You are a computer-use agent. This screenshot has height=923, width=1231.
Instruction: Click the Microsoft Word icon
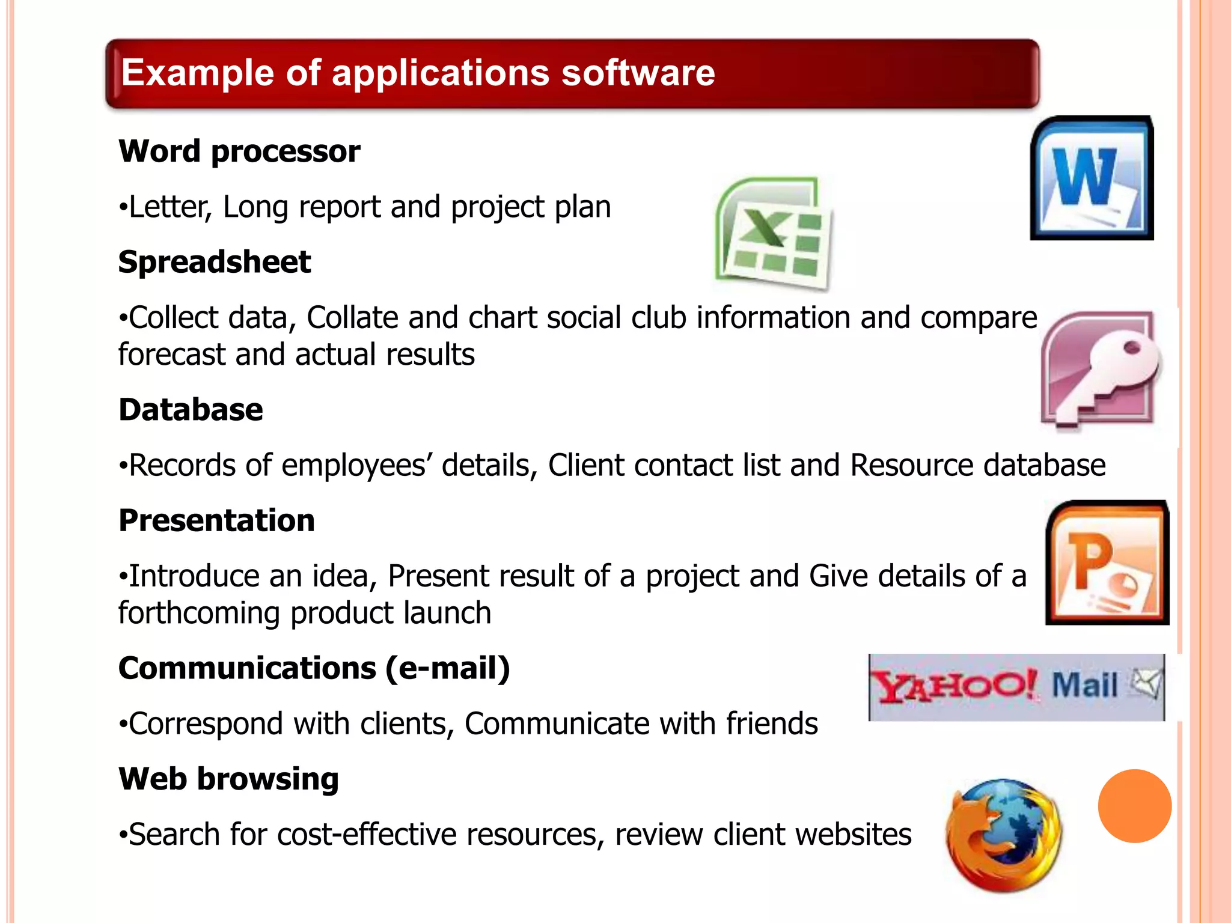tap(1092, 178)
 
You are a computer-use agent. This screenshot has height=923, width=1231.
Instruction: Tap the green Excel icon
tap(774, 234)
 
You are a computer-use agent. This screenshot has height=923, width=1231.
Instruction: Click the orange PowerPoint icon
tap(1107, 562)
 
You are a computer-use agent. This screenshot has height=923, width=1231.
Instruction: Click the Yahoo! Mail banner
tap(1016, 687)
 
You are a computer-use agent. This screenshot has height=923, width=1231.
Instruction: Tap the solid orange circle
tap(1134, 806)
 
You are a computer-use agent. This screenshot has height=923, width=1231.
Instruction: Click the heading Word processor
tap(239, 151)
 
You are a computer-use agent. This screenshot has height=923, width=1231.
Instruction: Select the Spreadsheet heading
tap(215, 262)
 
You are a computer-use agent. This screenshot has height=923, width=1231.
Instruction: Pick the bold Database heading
tap(191, 410)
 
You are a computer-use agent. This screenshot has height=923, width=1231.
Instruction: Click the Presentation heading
tap(216, 520)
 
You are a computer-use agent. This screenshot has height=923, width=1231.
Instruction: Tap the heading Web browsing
tap(228, 779)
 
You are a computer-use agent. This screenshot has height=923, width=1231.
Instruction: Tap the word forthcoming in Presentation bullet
tap(199, 613)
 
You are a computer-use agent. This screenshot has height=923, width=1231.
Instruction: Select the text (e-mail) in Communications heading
tap(448, 668)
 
